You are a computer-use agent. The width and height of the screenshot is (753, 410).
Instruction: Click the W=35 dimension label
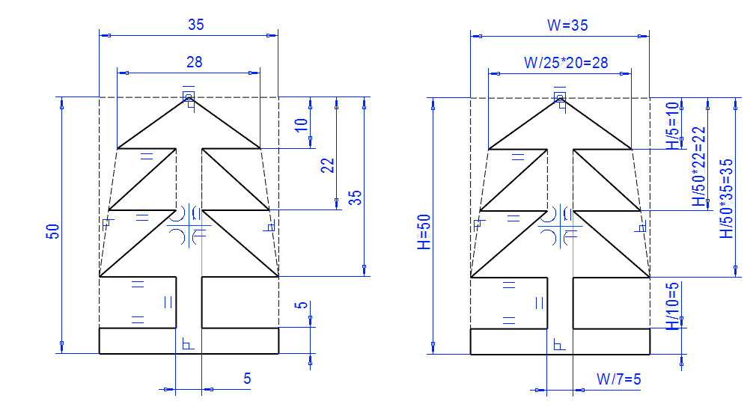(567, 25)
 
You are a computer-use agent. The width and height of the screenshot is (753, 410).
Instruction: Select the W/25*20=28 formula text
(565, 64)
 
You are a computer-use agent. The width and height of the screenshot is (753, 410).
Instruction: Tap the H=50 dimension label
(425, 232)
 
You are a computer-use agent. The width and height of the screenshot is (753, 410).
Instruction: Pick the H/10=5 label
(673, 305)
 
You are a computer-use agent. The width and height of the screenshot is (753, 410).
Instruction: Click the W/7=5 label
(618, 379)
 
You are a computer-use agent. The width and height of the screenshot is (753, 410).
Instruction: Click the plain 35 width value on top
(195, 25)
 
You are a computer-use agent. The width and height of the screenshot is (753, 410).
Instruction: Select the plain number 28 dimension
(195, 62)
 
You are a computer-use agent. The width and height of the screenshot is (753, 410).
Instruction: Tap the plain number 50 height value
(52, 233)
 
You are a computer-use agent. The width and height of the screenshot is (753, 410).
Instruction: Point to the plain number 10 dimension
(301, 124)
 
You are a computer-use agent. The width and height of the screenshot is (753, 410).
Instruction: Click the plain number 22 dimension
(328, 165)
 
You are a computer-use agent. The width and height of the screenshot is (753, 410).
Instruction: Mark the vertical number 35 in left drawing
(356, 198)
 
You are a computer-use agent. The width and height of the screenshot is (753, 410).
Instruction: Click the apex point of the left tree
(189, 97)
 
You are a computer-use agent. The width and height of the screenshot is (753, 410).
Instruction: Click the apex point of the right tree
(560, 97)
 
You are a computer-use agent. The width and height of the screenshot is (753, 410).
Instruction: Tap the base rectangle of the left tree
(189, 340)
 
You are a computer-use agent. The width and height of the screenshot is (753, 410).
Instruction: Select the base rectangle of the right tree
(559, 340)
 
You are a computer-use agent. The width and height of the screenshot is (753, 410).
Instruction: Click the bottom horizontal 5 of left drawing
(247, 379)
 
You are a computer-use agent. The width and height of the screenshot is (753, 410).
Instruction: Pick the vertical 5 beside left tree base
(301, 305)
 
